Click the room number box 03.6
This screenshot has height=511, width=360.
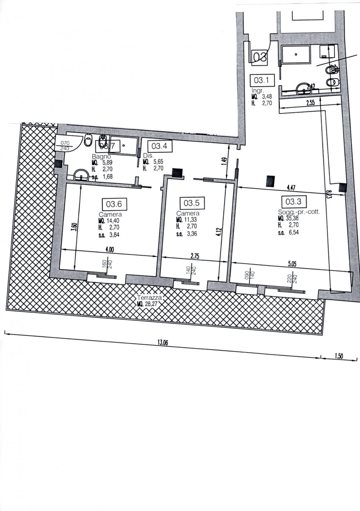coord(114,204)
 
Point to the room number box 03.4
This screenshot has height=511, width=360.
coord(159,146)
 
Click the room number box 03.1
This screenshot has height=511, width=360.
coord(262,80)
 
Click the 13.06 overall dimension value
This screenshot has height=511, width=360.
coord(162,343)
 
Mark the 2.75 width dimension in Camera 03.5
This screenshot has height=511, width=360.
coord(195,257)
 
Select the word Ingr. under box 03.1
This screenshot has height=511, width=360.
coord(258,90)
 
